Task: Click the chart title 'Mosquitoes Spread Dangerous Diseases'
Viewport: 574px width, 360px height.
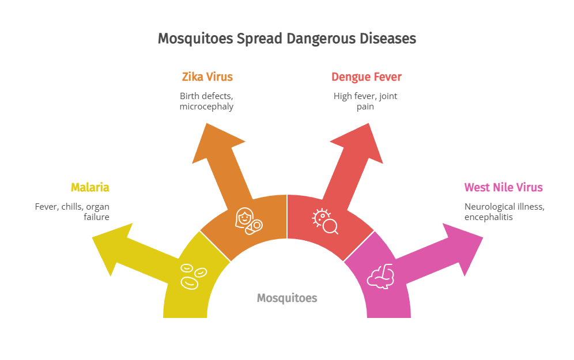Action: pos(286,39)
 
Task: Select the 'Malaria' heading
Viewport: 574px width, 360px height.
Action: pos(90,187)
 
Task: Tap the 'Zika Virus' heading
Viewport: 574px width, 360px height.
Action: pos(207,77)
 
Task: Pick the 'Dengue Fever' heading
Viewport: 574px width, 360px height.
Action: pos(366,77)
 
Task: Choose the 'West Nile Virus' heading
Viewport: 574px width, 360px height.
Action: pos(503,187)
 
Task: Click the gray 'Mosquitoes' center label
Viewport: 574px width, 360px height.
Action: pos(286,298)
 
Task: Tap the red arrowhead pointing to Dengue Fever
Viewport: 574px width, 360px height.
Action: pos(357,141)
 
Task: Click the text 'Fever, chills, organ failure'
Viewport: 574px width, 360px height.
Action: pos(72,211)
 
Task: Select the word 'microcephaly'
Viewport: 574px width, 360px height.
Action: pos(206,107)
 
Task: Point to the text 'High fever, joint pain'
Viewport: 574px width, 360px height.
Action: pos(365,101)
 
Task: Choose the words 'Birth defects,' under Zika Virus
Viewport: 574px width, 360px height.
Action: pos(206,96)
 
